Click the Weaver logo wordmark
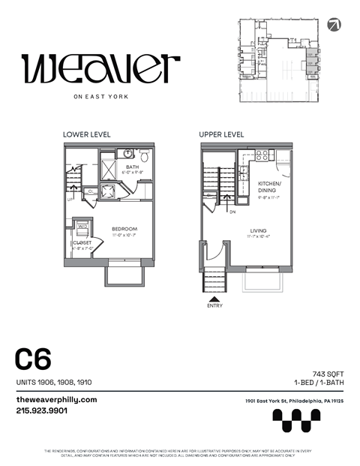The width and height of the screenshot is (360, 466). click(101, 69)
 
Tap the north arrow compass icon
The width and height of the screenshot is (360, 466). click(334, 23)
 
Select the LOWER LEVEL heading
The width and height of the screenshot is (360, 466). click(87, 134)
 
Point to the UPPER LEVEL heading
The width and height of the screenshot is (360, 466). click(221, 134)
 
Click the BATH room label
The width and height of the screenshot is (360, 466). click(132, 167)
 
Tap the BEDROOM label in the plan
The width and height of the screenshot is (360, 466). click(124, 228)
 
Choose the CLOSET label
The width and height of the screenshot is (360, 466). click(82, 243)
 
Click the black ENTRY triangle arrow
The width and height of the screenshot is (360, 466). click(214, 298)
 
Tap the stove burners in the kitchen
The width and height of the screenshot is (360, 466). click(262, 156)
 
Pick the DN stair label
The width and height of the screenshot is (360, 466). click(232, 212)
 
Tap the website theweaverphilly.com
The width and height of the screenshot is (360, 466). click(56, 399)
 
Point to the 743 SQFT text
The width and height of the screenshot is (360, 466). click(327, 373)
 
